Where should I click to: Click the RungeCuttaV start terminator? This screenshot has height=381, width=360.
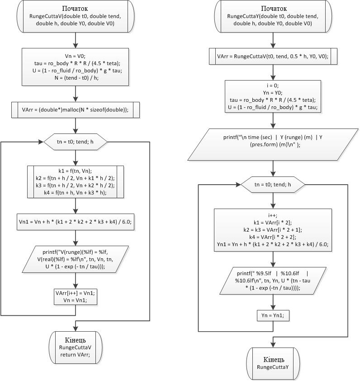(x=76, y=16)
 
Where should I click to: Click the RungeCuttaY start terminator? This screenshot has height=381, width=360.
(x=273, y=16)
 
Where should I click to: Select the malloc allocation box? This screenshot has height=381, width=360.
(x=76, y=110)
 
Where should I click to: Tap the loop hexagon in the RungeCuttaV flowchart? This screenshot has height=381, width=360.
(x=76, y=142)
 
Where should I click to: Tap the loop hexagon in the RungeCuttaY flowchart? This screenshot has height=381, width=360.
(x=273, y=185)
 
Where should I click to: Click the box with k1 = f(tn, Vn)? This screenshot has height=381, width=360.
(x=76, y=182)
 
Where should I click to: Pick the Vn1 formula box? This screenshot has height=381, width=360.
(x=76, y=222)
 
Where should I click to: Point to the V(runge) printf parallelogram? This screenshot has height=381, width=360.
(x=76, y=259)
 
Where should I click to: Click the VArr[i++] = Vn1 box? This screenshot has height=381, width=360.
(x=76, y=297)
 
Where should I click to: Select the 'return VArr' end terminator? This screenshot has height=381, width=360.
(x=76, y=348)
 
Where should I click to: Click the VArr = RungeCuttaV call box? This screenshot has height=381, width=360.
(x=273, y=57)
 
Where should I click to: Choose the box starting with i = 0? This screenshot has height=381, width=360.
(x=273, y=96)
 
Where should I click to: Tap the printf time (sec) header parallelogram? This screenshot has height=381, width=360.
(x=273, y=145)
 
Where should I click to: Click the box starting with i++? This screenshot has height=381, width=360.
(x=273, y=230)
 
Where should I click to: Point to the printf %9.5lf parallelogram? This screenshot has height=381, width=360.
(x=273, y=281)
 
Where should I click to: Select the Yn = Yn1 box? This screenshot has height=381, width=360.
(x=273, y=315)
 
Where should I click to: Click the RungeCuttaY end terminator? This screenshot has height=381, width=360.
(x=273, y=364)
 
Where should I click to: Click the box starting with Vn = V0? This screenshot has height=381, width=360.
(x=76, y=67)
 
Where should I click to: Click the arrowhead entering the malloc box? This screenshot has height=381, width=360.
(x=76, y=99)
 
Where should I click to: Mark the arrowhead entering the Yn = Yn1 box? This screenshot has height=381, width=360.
(x=273, y=307)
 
